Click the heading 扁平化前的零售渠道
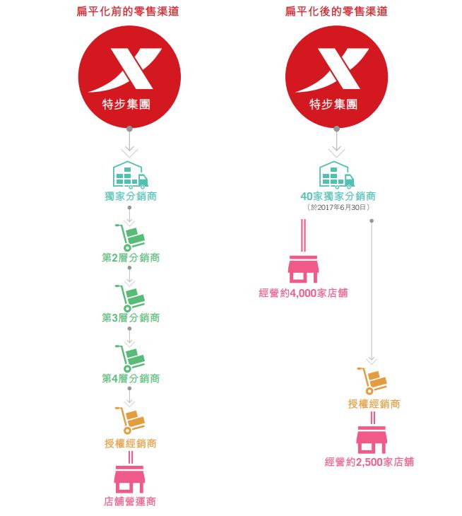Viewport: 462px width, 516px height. [x=128, y=11]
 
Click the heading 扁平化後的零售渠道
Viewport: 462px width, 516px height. [x=336, y=11]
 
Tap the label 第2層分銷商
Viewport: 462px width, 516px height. [x=131, y=257]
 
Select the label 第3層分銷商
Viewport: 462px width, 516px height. [x=131, y=317]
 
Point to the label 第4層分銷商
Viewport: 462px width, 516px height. [x=131, y=378]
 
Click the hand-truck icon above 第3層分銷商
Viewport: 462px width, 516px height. [x=130, y=298]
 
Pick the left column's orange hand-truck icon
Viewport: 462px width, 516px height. [x=130, y=421]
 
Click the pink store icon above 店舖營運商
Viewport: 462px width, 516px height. [x=129, y=479]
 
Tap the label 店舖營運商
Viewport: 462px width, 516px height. [x=129, y=502]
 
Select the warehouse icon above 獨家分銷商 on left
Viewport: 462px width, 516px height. [x=130, y=175]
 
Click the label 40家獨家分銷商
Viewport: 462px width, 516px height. [x=338, y=196]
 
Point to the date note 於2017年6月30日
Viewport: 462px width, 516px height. [x=338, y=207]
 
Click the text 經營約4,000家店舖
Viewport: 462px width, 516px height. [x=303, y=293]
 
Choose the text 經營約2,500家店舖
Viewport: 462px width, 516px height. [x=369, y=462]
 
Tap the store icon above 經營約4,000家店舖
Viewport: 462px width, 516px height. [x=303, y=269]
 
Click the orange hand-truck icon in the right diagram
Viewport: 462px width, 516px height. [x=372, y=381]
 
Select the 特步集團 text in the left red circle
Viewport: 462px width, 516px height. [x=126, y=105]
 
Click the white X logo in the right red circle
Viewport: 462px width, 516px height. [x=332, y=69]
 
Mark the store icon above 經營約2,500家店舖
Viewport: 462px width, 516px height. [x=372, y=440]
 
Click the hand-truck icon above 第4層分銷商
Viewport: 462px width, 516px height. [x=130, y=358]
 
